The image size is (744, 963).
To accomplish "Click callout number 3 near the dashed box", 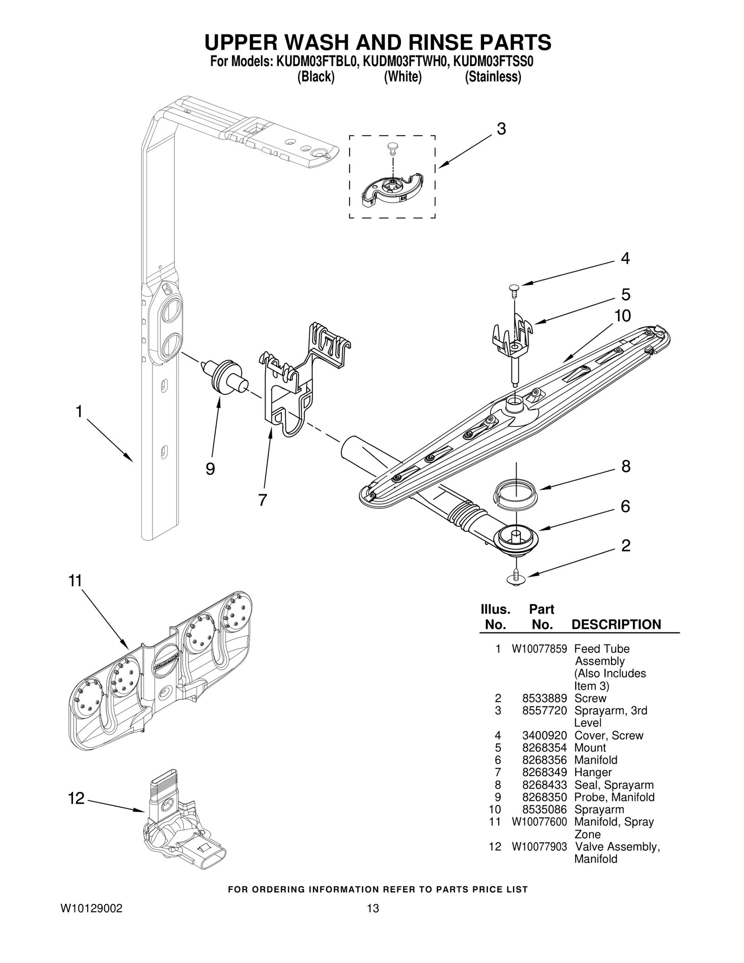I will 501,129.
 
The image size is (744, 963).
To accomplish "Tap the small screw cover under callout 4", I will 513,289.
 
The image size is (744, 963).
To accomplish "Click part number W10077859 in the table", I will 539,649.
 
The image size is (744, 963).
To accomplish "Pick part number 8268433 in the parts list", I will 545,785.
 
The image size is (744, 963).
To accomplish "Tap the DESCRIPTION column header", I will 616,624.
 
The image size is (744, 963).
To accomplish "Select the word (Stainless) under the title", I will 493,77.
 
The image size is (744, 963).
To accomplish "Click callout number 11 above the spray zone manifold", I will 75,581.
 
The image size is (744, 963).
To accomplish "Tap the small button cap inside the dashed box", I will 392,147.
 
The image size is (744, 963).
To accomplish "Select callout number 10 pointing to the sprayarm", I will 623,316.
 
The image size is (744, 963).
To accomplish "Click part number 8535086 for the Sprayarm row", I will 545,810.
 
